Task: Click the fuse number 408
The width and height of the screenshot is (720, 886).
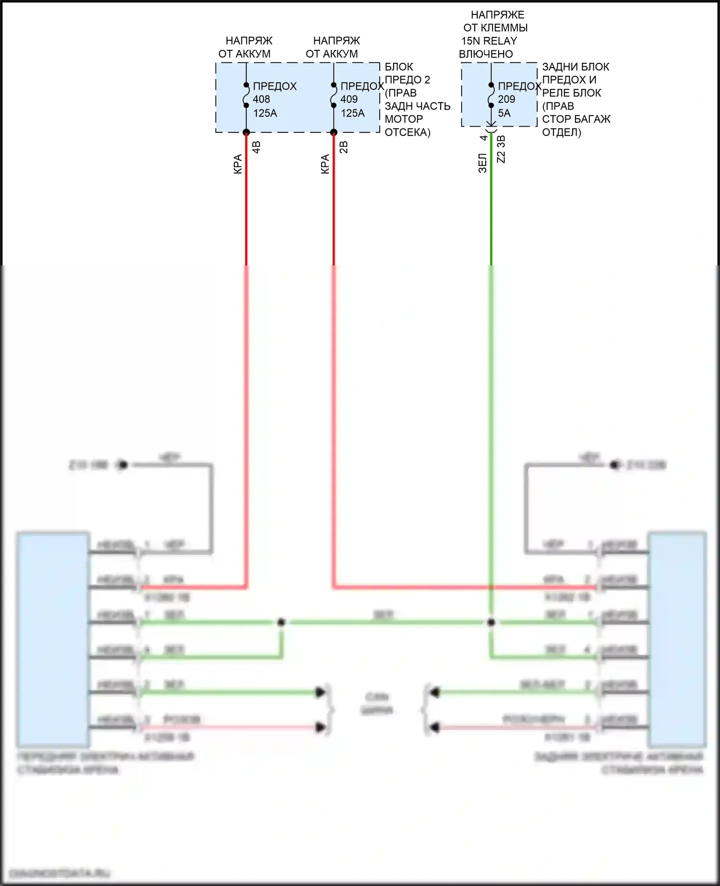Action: (x=262, y=99)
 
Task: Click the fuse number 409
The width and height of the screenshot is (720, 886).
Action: (x=349, y=99)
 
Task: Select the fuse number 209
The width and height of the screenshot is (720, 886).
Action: (x=506, y=99)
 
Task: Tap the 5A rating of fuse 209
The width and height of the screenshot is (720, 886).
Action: (x=504, y=113)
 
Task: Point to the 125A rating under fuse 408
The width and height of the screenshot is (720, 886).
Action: (x=265, y=113)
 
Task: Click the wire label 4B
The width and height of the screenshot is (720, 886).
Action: (x=256, y=147)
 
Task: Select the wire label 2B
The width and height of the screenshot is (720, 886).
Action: (x=344, y=147)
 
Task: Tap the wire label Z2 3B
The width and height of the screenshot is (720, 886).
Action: (x=501, y=149)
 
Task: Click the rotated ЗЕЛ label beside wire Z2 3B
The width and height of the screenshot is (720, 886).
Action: (x=483, y=163)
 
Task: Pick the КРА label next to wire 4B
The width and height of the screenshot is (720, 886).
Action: (x=238, y=164)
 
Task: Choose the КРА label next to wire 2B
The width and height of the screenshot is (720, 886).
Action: (x=325, y=164)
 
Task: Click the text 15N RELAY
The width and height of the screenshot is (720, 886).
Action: (x=489, y=41)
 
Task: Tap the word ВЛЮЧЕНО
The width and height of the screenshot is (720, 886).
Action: (x=486, y=54)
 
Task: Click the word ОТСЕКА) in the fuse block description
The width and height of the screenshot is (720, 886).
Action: (x=408, y=132)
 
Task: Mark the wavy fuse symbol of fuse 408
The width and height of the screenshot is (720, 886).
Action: (x=246, y=95)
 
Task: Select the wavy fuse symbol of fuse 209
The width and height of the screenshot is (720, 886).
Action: (x=491, y=95)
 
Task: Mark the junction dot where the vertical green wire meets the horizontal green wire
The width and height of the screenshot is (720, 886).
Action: (x=491, y=623)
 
